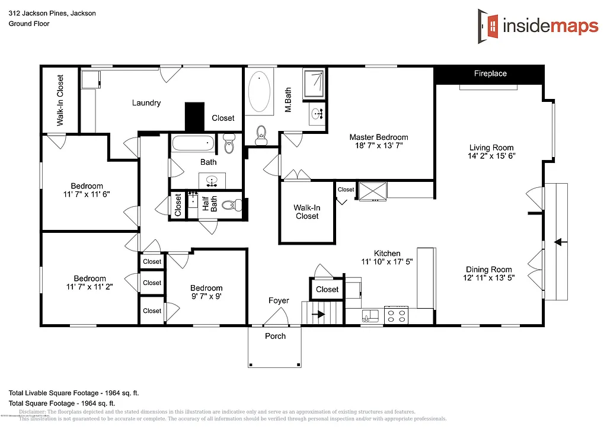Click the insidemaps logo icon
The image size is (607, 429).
click(490, 25)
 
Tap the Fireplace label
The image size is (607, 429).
click(490, 73)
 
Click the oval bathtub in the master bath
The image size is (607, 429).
click(258, 92)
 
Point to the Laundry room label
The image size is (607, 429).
click(146, 103)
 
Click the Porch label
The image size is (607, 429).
click(275, 336)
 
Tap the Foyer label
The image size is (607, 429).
click(279, 300)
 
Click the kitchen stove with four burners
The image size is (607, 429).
click(395, 315)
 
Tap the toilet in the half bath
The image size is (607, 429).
click(235, 205)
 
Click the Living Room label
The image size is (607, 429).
click(491, 148)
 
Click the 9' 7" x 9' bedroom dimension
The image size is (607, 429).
click(206, 296)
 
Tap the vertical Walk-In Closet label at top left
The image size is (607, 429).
click(60, 100)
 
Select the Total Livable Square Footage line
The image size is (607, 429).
click(74, 393)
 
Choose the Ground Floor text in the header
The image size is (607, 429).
click(29, 24)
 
